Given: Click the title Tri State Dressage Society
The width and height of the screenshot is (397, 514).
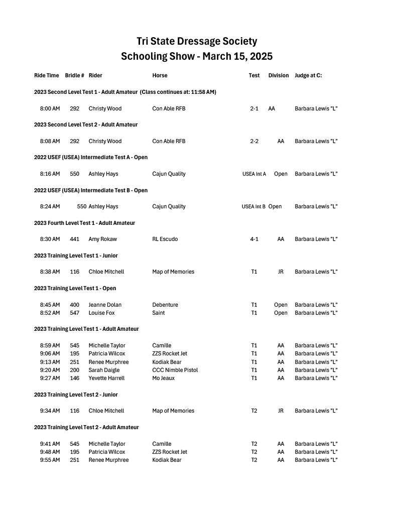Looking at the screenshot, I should coord(197,41).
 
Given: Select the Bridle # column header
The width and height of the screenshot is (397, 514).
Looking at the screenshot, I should coord(74,75).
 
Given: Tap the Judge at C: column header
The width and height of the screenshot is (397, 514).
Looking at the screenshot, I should coord(308,75).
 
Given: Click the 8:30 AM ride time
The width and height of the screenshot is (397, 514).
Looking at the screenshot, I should coord(50,239).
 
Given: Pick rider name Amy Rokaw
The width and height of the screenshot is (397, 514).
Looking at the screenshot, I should coord(102,239).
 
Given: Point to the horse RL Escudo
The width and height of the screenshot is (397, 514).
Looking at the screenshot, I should coord(165,239).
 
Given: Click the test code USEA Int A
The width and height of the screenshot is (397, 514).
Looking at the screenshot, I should coord(254,174).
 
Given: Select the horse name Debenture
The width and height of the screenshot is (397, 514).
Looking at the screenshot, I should coord(165,305).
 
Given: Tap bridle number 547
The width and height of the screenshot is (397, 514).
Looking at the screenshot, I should coord(74,313).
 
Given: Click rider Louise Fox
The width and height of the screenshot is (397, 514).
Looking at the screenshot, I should coord(101,313).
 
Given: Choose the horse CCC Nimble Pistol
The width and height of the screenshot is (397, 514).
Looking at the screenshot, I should coord(175,370).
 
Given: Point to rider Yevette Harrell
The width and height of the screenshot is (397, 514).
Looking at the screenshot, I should coord(106,378).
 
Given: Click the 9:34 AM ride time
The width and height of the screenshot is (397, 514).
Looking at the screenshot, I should coord(50,411).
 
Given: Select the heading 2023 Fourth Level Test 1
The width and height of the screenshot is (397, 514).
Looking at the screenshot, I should coord(84,223).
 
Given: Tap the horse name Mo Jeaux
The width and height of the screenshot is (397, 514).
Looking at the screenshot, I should coord(163,378).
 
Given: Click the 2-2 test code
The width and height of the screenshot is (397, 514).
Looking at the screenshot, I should coord(254,141).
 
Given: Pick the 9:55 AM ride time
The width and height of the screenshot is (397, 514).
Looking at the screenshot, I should coord(50,460).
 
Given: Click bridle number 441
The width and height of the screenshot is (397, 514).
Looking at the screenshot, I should coord(74,239).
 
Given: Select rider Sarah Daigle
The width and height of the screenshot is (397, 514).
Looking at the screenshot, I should coord(104,370).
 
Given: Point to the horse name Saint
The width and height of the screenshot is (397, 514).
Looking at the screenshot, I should coord(158,313).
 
